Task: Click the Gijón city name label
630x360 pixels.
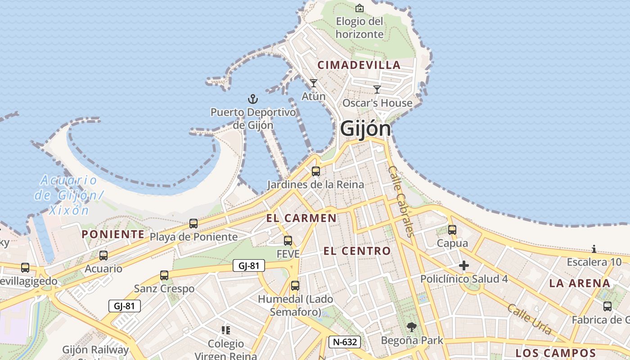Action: [x=365, y=129]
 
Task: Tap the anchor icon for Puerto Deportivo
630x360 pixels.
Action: [x=253, y=99]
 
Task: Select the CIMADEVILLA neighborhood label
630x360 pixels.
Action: [x=359, y=65]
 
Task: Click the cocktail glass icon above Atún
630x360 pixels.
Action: [x=314, y=83]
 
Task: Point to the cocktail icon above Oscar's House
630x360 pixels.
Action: [x=377, y=90]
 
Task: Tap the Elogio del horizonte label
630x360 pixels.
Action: [x=360, y=27]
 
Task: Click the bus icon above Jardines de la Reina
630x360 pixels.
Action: [x=316, y=171]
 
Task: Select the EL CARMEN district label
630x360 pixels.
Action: [x=301, y=218]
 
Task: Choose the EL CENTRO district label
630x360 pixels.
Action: [x=357, y=251]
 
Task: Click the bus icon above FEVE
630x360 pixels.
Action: [x=288, y=241]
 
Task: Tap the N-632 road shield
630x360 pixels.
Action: [x=345, y=342]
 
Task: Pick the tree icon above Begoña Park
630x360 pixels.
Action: [x=411, y=327]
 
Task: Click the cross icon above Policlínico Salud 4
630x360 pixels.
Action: [x=464, y=265]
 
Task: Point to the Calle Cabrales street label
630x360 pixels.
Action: [x=400, y=201]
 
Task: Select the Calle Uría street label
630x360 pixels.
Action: [x=529, y=319]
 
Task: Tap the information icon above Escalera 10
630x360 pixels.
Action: [x=594, y=249]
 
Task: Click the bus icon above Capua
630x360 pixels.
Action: [x=452, y=230]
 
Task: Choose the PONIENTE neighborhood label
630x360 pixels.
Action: [x=113, y=234]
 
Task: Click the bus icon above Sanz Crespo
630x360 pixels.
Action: [x=164, y=275]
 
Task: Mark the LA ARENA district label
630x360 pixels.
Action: [x=580, y=283]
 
